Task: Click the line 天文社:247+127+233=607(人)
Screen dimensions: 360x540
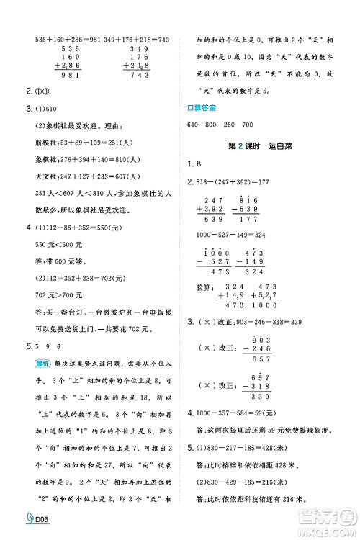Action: click(91, 180)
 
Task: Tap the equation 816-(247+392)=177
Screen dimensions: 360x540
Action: click(238, 181)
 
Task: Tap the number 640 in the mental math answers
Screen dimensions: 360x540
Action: click(192, 125)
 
